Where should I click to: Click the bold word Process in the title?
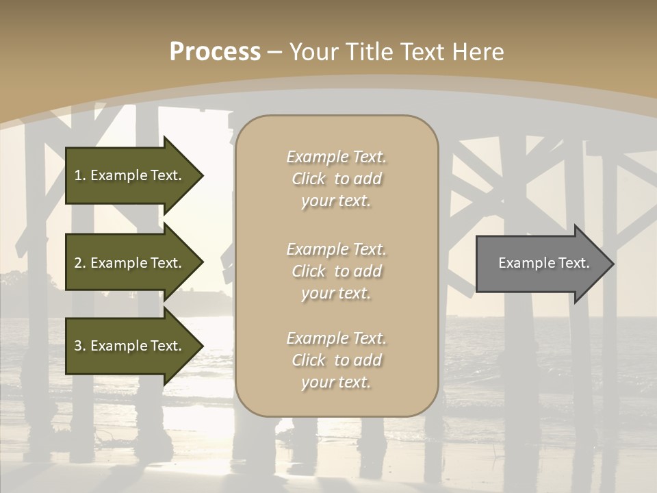[215, 52]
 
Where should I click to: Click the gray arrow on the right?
[541, 263]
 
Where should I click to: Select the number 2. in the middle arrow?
[80, 263]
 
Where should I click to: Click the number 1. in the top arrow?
[80, 175]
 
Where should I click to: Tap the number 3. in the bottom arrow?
[80, 346]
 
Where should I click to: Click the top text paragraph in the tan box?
[336, 179]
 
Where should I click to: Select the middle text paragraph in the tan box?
[336, 271]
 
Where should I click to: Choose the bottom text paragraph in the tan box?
[336, 360]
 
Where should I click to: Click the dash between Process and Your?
[274, 52]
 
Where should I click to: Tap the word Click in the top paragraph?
[309, 179]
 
